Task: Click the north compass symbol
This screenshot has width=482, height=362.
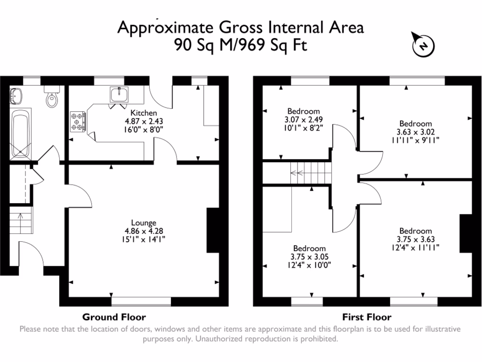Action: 423,45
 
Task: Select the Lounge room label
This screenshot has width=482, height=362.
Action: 144,223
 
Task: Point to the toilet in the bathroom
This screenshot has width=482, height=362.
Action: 51,97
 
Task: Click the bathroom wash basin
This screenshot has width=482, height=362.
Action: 16,96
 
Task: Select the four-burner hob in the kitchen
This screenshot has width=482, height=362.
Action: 78,122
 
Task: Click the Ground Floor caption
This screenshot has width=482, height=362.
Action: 114,317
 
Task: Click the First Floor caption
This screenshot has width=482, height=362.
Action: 366,317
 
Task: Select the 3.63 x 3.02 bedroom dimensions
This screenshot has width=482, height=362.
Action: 415,132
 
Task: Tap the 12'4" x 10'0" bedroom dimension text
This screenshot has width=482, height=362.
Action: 309,265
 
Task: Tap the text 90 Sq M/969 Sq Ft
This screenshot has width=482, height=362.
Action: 241,45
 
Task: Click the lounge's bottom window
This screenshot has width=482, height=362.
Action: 141,300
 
